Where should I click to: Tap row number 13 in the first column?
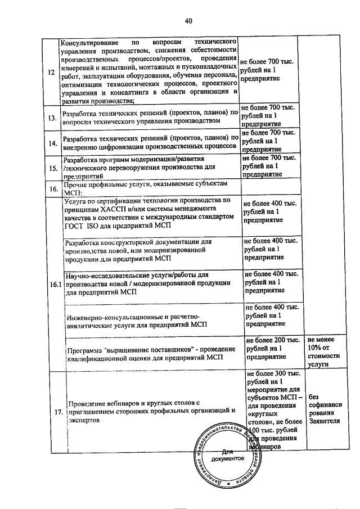(51, 118)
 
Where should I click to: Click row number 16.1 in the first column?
(55, 285)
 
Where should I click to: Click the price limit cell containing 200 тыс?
(272, 348)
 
